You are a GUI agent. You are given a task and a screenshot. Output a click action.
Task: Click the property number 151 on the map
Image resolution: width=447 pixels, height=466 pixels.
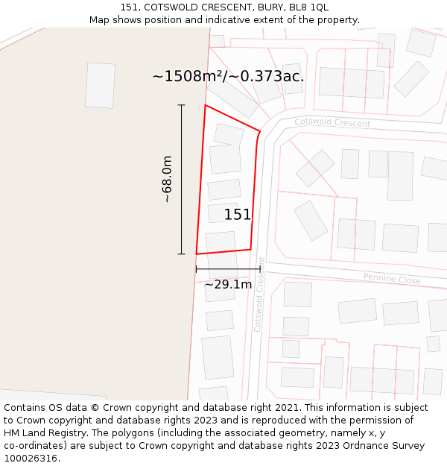pyautogui.click(x=238, y=215)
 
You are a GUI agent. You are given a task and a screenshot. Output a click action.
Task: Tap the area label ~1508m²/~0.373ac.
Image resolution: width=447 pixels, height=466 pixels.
pyautogui.click(x=228, y=76)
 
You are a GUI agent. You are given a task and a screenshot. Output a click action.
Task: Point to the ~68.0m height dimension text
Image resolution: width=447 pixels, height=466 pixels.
pyautogui.click(x=168, y=179)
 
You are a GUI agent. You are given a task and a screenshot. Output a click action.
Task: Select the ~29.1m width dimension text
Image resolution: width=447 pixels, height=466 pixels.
pyautogui.click(x=228, y=284)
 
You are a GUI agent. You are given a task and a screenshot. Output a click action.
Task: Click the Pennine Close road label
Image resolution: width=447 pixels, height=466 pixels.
pyautogui.click(x=392, y=280)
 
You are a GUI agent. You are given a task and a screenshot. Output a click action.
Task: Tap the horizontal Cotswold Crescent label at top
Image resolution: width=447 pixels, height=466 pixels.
pyautogui.click(x=332, y=122)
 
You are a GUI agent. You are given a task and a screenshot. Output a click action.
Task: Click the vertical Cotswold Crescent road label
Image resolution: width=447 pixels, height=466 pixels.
pyautogui.click(x=259, y=295)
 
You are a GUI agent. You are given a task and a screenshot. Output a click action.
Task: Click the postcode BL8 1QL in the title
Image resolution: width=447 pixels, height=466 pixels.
pyautogui.click(x=308, y=7)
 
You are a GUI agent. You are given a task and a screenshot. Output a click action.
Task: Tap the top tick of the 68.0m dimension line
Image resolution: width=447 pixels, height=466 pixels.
pyautogui.click(x=181, y=105)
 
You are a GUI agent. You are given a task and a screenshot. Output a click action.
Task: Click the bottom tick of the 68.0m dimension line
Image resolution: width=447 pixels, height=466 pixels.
pyautogui.click(x=181, y=254)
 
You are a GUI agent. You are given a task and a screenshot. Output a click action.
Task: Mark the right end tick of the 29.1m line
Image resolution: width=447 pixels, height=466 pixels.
pyautogui.click(x=260, y=268)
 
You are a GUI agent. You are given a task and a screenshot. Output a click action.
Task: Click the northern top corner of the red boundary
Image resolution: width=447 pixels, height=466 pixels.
pyautogui.click(x=206, y=105)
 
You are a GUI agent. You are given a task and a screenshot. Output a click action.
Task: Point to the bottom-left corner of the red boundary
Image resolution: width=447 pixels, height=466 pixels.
pyautogui.click(x=197, y=254)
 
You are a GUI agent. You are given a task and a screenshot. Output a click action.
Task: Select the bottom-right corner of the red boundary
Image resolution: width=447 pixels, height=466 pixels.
pyautogui.click(x=250, y=249)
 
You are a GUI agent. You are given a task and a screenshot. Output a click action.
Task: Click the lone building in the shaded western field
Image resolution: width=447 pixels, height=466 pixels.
pyautogui.click(x=100, y=86)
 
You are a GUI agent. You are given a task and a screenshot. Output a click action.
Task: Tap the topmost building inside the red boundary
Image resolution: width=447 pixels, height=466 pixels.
pyautogui.click(x=229, y=135)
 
